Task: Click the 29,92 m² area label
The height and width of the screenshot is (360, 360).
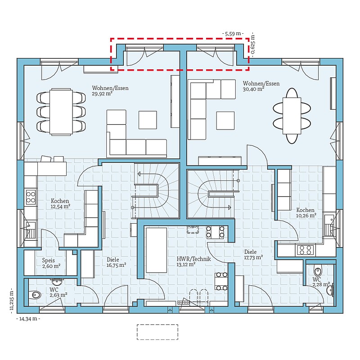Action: pyautogui.click(x=102, y=94)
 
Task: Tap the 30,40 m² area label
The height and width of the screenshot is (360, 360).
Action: pyautogui.click(x=253, y=89)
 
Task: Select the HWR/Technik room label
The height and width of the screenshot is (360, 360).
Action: pyautogui.click(x=193, y=259)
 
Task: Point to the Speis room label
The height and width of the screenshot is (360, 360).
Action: pyautogui.click(x=49, y=261)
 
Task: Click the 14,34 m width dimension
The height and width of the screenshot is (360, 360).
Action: pyautogui.click(x=28, y=319)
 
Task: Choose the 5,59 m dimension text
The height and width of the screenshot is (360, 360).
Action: pyautogui.click(x=233, y=34)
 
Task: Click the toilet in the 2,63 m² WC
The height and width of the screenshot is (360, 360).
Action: pyautogui.click(x=36, y=295)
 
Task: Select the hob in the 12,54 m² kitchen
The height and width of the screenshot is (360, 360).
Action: pyautogui.click(x=31, y=197)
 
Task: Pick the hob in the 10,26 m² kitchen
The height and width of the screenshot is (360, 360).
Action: pyautogui.click(x=305, y=250)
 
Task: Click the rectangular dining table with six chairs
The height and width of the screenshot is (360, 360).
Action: pyautogui.click(x=61, y=112)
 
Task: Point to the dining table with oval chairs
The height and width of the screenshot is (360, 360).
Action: pyautogui.click(x=292, y=116)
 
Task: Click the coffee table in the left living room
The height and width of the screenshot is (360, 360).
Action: pyautogui.click(x=148, y=120)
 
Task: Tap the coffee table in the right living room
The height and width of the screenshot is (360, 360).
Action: pyautogui.click(x=225, y=121)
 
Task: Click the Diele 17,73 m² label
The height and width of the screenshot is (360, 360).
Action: pyautogui.click(x=253, y=255)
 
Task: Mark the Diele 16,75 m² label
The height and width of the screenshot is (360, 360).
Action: pyautogui.click(x=116, y=262)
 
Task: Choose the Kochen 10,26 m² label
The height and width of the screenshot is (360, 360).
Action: pyautogui.click(x=306, y=213)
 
